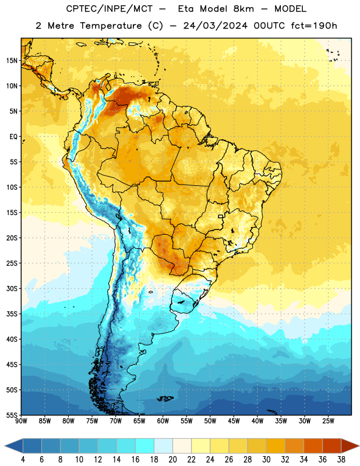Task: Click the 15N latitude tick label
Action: pos(12,61)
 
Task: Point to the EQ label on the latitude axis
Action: pos(13,137)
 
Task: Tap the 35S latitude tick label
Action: pos(12,314)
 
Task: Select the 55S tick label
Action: pos(12,415)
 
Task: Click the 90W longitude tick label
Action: pos(21,421)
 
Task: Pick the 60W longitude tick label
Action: pos(163,421)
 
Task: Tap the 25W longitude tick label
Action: pos(328,421)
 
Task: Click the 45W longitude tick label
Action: pos(234,421)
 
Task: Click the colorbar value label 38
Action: pos(341,460)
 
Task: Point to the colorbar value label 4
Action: pos(23,460)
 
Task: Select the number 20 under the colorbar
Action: pos(172,460)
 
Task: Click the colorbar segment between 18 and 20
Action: pos(163,446)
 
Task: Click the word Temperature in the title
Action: pos(111,26)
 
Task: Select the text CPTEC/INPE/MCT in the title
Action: pos(110,9)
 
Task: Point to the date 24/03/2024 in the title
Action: pos(215,26)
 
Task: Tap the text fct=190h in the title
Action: pos(314,26)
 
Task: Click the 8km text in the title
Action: pos(243,9)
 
